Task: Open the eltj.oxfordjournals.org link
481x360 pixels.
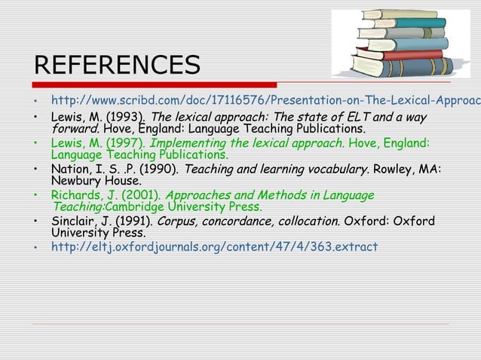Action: [214, 247]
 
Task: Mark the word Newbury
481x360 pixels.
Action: [78, 181]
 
